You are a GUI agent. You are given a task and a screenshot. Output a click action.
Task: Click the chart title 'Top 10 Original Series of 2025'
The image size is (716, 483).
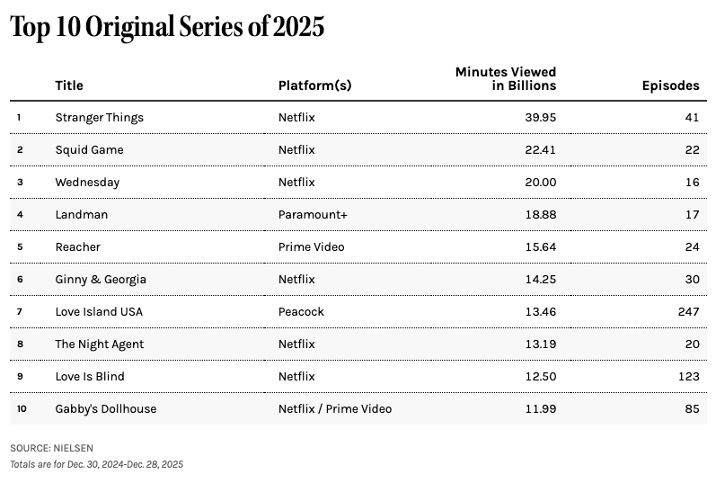[167, 28]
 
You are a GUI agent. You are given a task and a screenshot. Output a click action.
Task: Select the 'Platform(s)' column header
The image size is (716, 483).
[314, 85]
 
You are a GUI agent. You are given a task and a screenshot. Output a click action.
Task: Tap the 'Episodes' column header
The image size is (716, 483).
[670, 85]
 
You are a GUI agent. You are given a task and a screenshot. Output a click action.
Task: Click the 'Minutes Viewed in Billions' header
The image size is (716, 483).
[506, 78]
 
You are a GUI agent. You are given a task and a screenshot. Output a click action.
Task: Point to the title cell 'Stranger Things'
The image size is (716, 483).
[99, 117]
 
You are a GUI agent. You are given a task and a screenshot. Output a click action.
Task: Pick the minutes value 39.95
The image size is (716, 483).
[539, 117]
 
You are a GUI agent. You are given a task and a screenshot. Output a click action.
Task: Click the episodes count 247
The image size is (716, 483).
[688, 311]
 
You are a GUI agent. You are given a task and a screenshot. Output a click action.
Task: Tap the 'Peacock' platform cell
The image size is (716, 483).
[301, 311]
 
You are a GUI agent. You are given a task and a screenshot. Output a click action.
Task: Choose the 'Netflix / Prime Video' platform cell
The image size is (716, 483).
[335, 408]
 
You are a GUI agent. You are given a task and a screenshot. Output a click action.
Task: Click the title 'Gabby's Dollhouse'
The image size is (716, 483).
[105, 408]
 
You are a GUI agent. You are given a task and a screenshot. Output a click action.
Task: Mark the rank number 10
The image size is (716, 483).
[22, 408]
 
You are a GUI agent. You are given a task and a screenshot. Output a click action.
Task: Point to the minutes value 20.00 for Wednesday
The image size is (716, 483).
[539, 182]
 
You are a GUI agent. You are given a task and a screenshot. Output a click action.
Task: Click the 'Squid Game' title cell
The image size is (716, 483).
[89, 149]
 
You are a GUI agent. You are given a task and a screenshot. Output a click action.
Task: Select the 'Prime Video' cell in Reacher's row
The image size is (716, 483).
[311, 246]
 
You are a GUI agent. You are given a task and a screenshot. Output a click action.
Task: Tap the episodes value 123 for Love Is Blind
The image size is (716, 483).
[688, 376]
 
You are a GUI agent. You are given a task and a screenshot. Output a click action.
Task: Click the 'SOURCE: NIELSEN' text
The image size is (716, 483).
[51, 447]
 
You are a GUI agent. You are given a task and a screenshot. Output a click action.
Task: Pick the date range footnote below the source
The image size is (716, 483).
[96, 464]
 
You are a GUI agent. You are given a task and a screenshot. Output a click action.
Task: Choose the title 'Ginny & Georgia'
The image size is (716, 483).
[101, 279]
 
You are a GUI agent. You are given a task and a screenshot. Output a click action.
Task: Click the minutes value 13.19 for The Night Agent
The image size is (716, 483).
[539, 344]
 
